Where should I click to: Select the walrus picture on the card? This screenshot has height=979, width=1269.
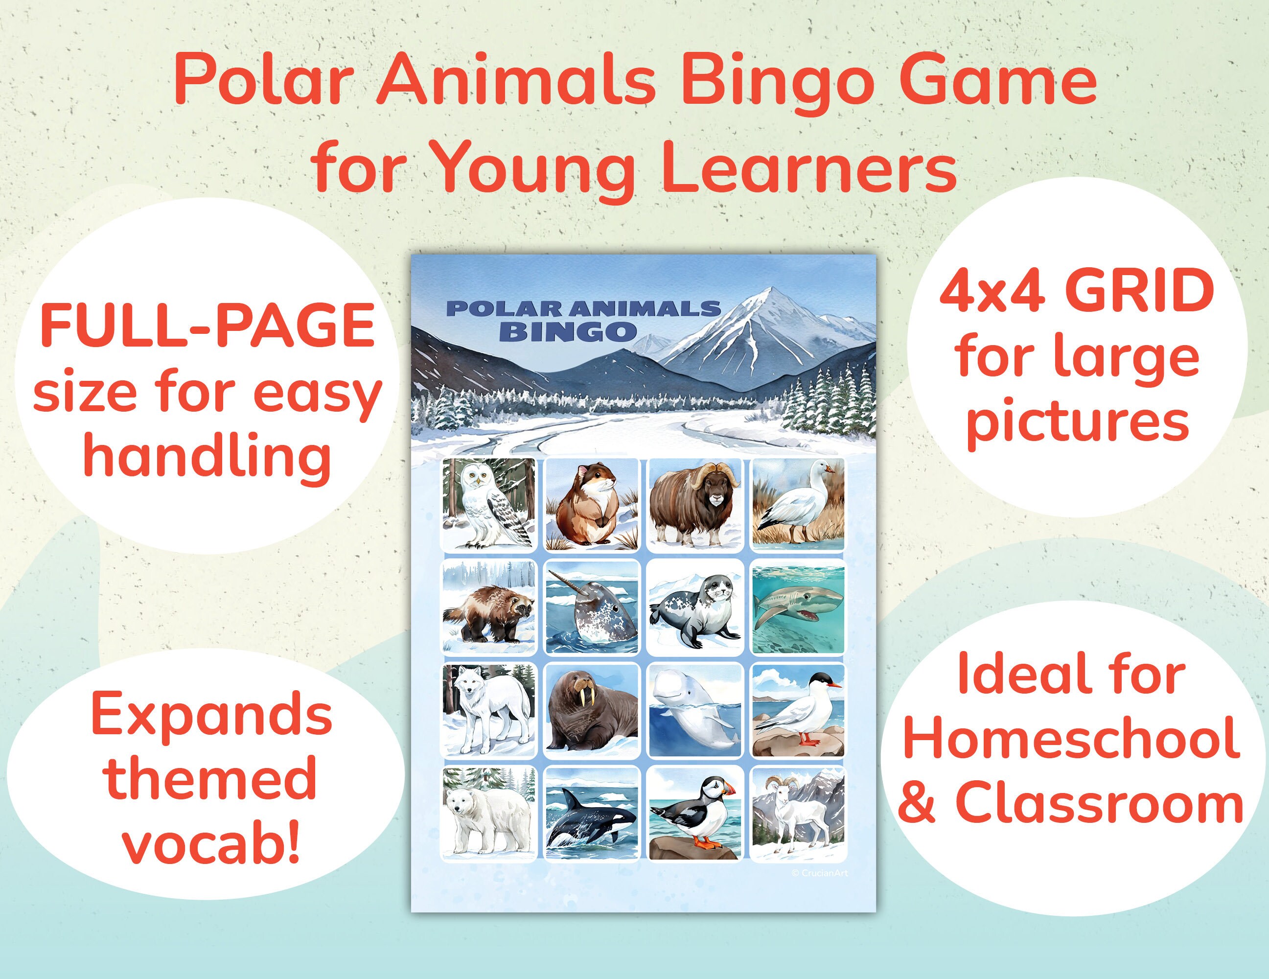(592, 711)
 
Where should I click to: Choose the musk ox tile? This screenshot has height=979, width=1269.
(695, 504)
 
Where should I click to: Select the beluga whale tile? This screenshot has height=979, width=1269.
(695, 711)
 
